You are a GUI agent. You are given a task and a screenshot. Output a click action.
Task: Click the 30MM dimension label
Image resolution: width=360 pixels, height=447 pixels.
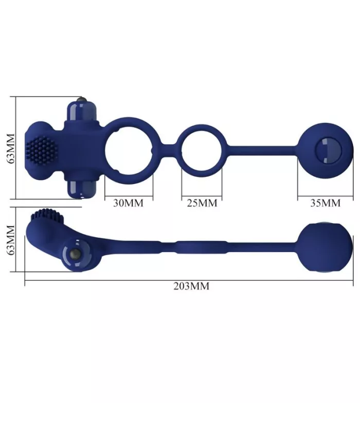128,203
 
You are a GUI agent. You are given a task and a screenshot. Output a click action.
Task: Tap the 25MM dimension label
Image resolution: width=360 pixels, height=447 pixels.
202,203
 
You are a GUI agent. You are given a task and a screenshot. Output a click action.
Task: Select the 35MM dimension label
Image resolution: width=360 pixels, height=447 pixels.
326,203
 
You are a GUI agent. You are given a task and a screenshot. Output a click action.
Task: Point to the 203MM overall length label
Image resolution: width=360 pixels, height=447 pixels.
191,287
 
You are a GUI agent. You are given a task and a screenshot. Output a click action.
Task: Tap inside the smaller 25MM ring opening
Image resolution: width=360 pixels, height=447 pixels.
202,151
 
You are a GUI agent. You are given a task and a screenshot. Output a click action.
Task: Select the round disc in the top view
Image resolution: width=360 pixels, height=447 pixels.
326,151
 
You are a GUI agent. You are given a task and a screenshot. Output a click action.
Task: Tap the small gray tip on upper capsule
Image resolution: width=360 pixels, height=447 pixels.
79,98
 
